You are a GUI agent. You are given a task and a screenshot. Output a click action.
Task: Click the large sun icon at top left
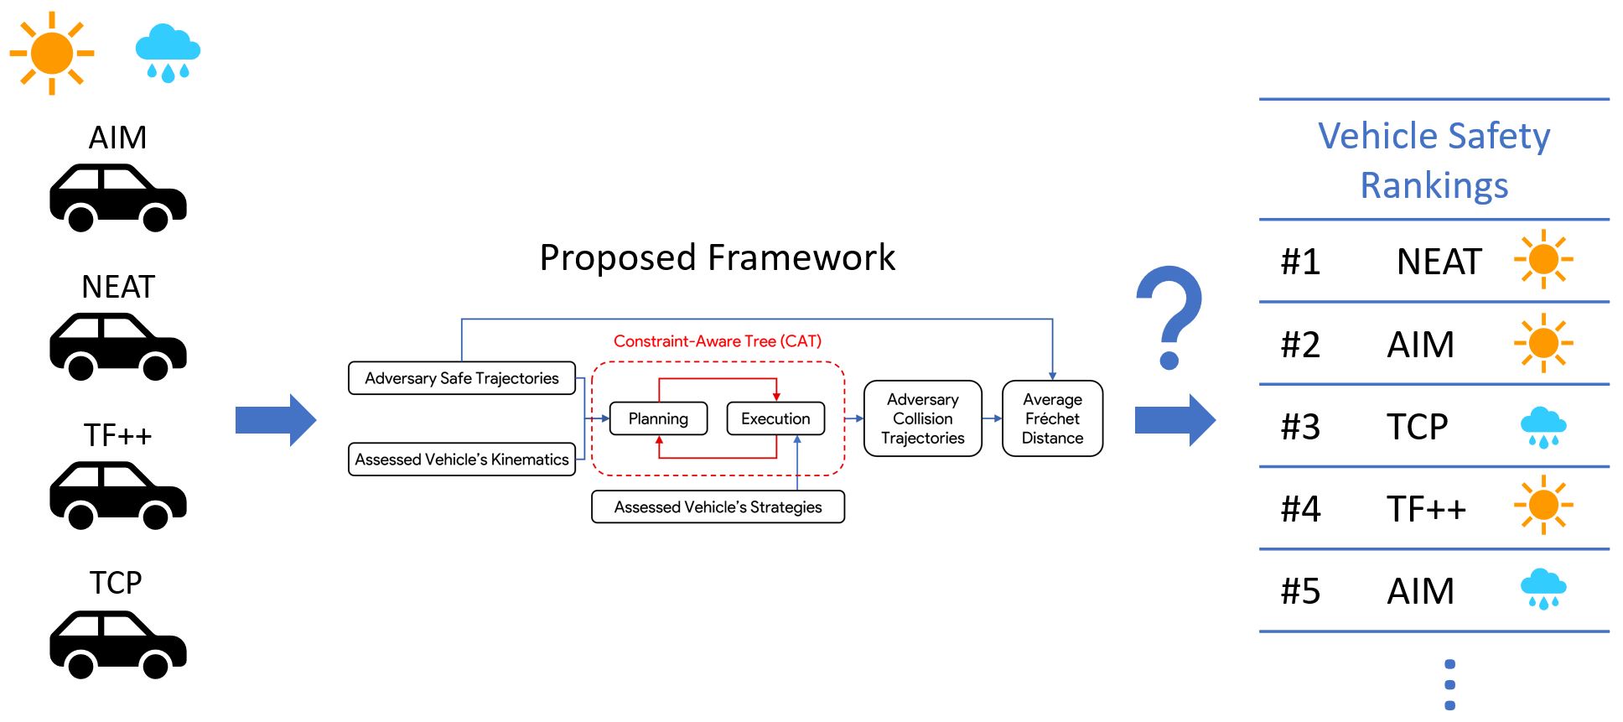point(52,53)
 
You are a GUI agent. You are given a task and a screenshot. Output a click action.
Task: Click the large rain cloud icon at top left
point(168,53)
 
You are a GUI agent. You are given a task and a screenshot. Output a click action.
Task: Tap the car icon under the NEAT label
point(117,346)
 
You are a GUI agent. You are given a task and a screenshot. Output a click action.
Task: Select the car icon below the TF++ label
point(117,495)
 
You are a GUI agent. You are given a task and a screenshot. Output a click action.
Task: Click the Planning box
point(658,418)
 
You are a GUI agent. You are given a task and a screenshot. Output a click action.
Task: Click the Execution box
point(775,418)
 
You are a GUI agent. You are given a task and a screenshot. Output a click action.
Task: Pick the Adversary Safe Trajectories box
point(461,378)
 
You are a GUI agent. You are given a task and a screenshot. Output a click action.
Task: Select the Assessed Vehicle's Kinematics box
point(461,460)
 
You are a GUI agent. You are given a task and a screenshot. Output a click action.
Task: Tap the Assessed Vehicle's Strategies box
point(718,507)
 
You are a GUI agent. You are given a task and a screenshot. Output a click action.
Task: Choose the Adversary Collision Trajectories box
point(922,418)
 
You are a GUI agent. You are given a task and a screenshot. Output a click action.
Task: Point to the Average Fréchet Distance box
point(1052,418)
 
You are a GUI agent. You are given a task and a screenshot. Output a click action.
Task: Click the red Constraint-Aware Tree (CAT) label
point(718,341)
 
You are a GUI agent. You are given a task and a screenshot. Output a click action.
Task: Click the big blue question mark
point(1169,317)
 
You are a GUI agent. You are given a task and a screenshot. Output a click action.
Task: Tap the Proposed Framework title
point(718,257)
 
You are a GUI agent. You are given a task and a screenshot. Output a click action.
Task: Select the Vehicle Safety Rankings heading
point(1434,159)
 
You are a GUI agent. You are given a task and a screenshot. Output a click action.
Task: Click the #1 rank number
point(1300,262)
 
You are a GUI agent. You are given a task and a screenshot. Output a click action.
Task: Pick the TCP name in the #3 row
point(1417,427)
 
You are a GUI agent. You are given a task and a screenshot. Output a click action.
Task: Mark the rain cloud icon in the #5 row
point(1543,590)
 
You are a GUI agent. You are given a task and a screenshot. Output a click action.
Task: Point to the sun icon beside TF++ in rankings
point(1543,505)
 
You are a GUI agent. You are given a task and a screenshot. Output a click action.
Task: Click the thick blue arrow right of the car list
point(275,419)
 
